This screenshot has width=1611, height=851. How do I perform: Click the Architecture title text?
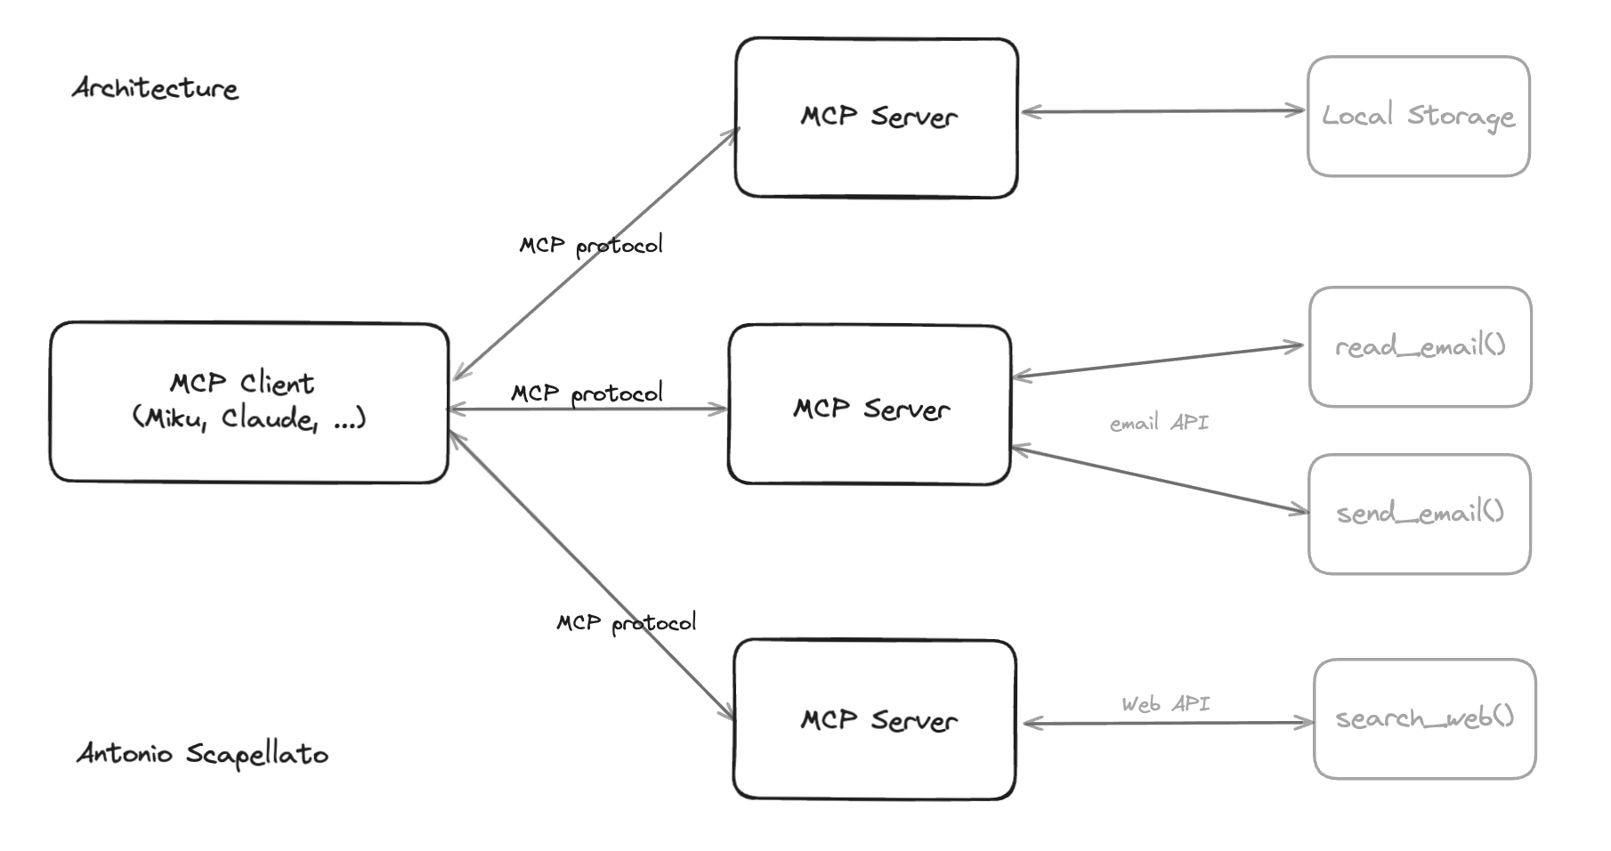click(155, 88)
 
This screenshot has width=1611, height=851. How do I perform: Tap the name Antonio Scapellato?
click(203, 754)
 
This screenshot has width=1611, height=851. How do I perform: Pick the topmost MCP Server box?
click(877, 118)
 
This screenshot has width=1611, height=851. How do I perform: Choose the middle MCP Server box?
click(870, 405)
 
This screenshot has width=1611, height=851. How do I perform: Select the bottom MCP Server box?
click(875, 719)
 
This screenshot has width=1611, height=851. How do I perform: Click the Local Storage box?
click(1418, 117)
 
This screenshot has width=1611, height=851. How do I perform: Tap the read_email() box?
click(1420, 346)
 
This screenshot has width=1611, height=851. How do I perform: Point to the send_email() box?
click(1419, 514)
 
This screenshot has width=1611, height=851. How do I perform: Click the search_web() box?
click(1424, 718)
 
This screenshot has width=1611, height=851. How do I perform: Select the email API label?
click(1159, 423)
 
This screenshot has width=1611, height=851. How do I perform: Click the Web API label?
click(1165, 704)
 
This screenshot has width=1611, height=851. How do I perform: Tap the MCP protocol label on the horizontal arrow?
click(587, 393)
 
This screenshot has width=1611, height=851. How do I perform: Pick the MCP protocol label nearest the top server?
click(591, 245)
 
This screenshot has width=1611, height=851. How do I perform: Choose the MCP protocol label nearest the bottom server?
click(626, 622)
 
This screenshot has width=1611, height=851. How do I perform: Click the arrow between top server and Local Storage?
click(1162, 111)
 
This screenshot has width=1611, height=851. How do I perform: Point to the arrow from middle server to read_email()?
click(1157, 361)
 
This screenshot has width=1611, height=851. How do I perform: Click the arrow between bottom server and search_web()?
click(1168, 723)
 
